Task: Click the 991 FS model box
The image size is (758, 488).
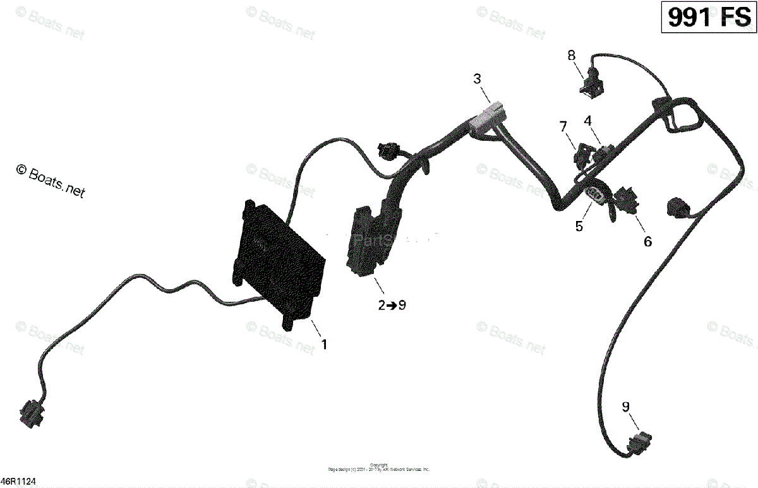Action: pyautogui.click(x=709, y=18)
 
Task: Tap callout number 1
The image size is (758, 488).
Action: pyautogui.click(x=325, y=345)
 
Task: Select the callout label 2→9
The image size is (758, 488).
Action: pyautogui.click(x=392, y=306)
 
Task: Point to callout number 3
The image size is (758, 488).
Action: pyautogui.click(x=477, y=79)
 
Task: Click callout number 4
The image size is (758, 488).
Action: pyautogui.click(x=587, y=120)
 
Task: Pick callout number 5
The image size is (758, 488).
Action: pyautogui.click(x=579, y=226)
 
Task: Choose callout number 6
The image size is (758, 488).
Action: pyautogui.click(x=647, y=241)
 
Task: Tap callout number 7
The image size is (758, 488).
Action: pyautogui.click(x=563, y=126)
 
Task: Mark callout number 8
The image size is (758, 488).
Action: pyautogui.click(x=572, y=56)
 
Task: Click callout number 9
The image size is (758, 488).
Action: pyautogui.click(x=626, y=407)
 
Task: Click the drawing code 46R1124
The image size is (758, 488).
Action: pyautogui.click(x=19, y=481)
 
